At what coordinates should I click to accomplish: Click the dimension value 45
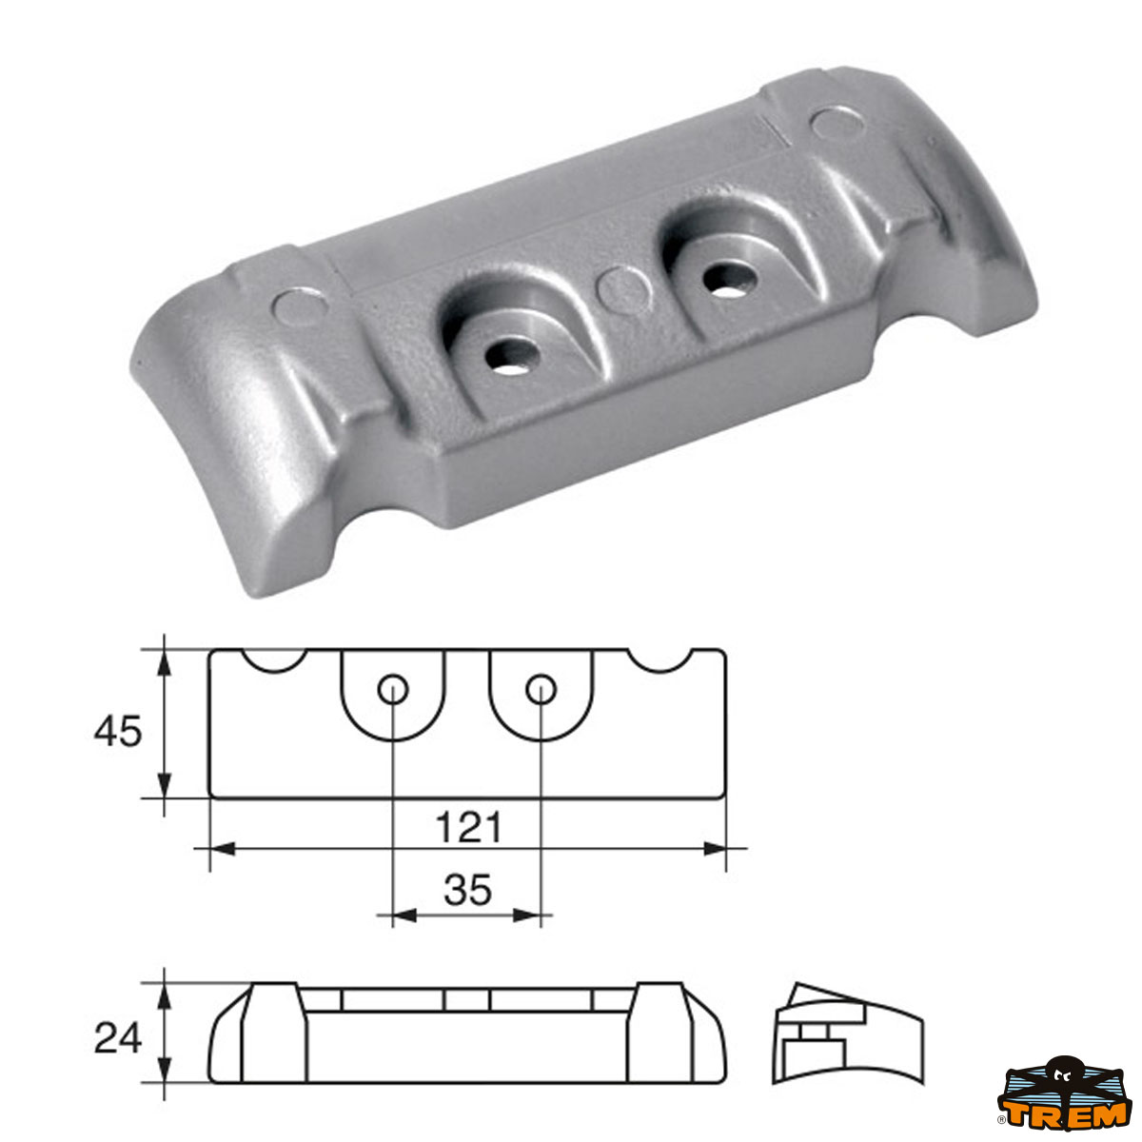coord(117,732)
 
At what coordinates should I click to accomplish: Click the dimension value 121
coord(468,827)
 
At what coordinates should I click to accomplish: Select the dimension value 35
coord(467,891)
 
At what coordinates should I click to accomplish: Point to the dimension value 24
coord(117,1037)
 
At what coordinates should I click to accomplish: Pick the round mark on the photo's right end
coord(835,122)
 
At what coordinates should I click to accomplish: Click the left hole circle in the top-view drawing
coord(392,688)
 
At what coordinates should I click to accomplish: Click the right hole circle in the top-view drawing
coord(541,687)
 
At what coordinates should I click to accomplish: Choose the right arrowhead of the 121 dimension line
coord(715,848)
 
